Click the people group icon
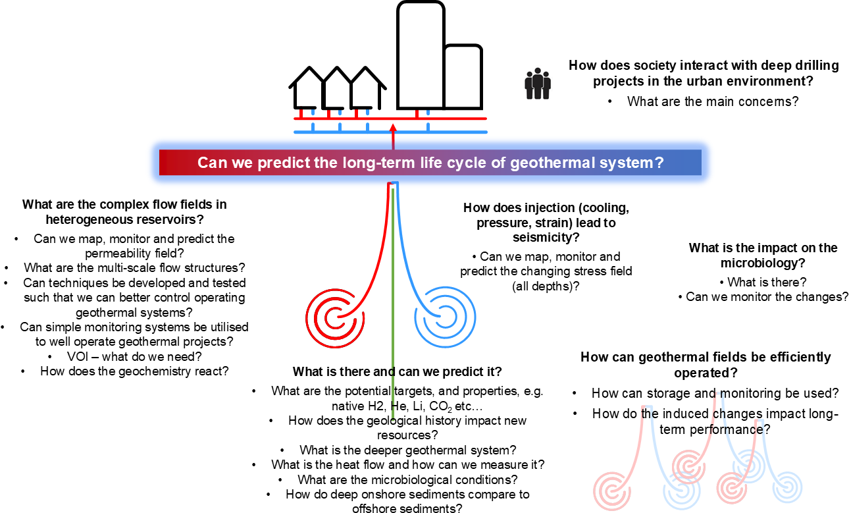(537, 84)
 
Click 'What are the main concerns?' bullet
(712, 101)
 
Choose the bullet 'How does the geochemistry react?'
(134, 371)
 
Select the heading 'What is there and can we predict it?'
(397, 371)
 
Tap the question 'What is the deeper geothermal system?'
(407, 450)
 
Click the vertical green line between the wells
(393, 296)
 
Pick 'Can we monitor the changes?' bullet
(767, 296)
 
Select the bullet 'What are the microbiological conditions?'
(407, 479)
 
